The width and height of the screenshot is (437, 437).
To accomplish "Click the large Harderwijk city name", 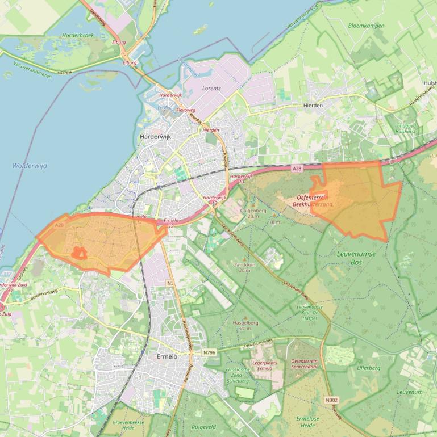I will pos(155,137).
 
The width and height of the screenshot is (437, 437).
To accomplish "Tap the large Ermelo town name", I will pos(167,356).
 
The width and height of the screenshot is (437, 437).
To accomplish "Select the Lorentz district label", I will pos(211,89).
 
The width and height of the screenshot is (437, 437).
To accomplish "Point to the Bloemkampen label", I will pos(366,26).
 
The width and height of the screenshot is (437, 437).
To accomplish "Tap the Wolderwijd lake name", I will pos(29,166).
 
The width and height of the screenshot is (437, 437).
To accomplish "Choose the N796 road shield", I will pos(209,352).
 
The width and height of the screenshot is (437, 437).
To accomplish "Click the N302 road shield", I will pos(331,400).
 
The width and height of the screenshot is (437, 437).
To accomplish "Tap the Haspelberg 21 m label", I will pos(242,325).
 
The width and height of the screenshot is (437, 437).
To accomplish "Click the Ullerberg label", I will pos(368,368).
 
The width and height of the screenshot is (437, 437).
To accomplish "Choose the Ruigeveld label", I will pos(203,427).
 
